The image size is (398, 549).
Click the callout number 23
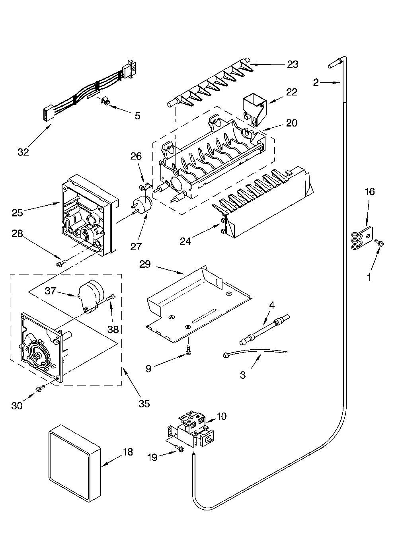293,64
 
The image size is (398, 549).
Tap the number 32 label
23,152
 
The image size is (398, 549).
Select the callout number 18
128,452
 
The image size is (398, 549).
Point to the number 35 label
144,404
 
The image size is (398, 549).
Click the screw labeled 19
179,448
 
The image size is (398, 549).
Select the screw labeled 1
380,243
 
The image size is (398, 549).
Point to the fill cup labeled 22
254,109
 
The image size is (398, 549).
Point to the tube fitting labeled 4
264,329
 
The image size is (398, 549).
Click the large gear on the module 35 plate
39,354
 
